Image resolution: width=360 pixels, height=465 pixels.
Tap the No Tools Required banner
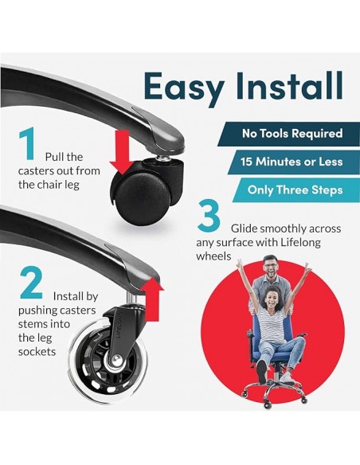point(288,134)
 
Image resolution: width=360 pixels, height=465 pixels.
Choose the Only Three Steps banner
point(296,190)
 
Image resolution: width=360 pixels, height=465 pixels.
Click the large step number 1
point(29,143)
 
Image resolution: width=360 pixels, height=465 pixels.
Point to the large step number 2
point(31,283)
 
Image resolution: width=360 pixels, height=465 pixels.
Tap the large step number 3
point(209,215)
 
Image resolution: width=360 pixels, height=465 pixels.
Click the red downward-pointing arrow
point(122,152)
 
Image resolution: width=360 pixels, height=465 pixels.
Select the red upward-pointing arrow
point(152,299)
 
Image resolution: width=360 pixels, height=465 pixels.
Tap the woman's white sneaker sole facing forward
point(261,371)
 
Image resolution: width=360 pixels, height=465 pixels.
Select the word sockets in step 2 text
point(37,352)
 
